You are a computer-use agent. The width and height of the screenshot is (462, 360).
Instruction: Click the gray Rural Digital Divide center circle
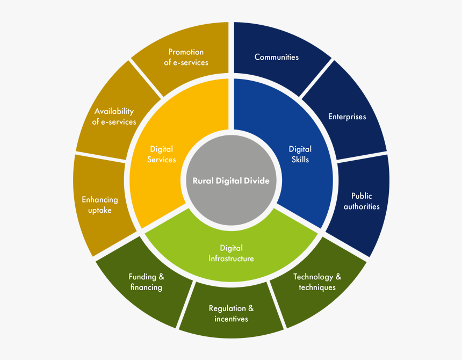[x=231, y=180]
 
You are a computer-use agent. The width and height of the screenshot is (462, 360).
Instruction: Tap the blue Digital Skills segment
[x=300, y=155]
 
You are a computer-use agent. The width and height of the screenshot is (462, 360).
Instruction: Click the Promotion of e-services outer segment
[x=186, y=57]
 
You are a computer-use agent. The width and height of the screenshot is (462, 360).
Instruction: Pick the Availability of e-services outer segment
[x=114, y=117]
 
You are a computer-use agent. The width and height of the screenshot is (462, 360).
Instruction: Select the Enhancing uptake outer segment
[x=100, y=205]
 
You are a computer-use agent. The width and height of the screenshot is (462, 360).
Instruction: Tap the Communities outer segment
[x=277, y=57]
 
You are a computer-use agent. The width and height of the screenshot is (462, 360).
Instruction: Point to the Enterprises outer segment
[x=347, y=117]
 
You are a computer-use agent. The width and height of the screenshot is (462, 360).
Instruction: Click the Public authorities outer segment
[x=362, y=201]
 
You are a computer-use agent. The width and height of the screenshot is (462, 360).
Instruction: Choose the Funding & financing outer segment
[x=146, y=282]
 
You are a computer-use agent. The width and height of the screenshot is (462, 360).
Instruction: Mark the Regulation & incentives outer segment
[x=231, y=314]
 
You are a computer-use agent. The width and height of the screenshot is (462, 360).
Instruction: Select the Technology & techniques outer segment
[x=317, y=282]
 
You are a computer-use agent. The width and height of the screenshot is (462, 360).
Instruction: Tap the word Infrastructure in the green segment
[x=231, y=258]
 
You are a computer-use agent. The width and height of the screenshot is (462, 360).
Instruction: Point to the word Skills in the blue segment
[x=300, y=159]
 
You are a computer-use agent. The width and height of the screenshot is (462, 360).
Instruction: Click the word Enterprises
[x=347, y=117]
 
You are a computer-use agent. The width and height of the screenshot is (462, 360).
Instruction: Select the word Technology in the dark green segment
[x=313, y=277]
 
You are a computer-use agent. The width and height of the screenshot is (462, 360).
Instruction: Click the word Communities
[x=277, y=57]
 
